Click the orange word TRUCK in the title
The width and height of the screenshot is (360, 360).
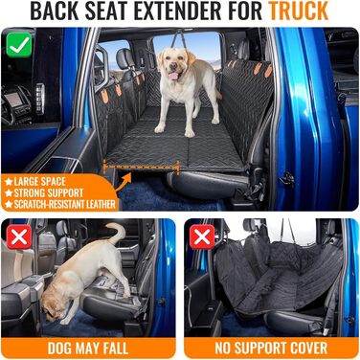coord(299,11)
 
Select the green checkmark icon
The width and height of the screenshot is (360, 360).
coord(19,46)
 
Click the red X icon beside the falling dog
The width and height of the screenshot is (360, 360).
coord(19,236)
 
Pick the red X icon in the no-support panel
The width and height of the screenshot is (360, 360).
coord(202,236)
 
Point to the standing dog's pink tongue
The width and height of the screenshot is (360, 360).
coord(174,76)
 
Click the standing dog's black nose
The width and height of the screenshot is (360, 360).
coord(173,67)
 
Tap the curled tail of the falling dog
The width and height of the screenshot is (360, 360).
coord(116,233)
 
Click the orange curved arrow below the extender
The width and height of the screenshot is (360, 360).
coord(124,182)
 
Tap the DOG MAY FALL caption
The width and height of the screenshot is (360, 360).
coord(88,349)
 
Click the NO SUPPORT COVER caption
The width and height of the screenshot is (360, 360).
coord(271,349)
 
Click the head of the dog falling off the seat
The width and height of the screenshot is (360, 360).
coord(56,306)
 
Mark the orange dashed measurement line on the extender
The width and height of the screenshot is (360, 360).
coord(141,167)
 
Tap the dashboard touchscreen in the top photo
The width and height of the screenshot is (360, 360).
coord(14,100)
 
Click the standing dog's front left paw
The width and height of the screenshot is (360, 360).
coord(160,128)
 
